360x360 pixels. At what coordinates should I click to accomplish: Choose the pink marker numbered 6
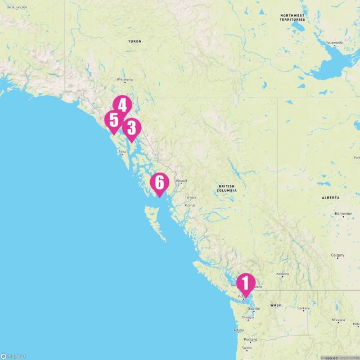click(x=160, y=183)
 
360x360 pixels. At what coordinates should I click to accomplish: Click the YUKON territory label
click(x=134, y=42)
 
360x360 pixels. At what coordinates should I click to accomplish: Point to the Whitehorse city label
click(x=125, y=80)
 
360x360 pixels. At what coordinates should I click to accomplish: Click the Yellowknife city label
click(x=335, y=43)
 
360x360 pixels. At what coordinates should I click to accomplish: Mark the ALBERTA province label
click(x=331, y=198)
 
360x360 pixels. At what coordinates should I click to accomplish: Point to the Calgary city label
click(x=337, y=255)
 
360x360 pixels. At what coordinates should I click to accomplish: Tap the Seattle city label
click(x=254, y=309)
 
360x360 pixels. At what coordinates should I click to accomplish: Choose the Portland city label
click(x=251, y=340)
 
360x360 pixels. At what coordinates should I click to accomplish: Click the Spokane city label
click(x=304, y=308)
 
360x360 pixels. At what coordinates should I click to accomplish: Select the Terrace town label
click(x=190, y=197)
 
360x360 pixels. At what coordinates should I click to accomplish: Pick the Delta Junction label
click(x=16, y=6)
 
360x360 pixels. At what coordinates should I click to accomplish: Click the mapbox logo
click(x=13, y=355)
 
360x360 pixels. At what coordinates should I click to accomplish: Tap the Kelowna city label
click(x=282, y=274)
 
